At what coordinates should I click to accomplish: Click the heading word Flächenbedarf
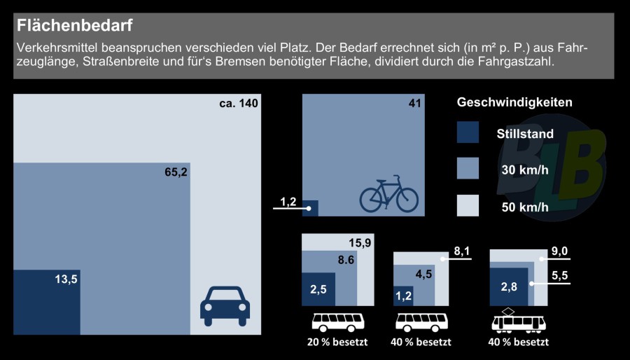click(75, 26)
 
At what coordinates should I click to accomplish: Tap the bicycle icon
click(388, 194)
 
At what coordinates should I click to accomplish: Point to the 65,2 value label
click(175, 172)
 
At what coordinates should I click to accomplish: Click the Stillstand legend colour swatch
click(467, 133)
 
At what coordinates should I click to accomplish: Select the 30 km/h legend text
click(525, 170)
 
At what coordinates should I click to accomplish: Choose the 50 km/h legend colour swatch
click(467, 205)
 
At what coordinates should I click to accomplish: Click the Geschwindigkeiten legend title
click(514, 102)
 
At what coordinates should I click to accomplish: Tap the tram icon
click(519, 321)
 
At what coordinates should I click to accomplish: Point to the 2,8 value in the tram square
click(508, 286)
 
